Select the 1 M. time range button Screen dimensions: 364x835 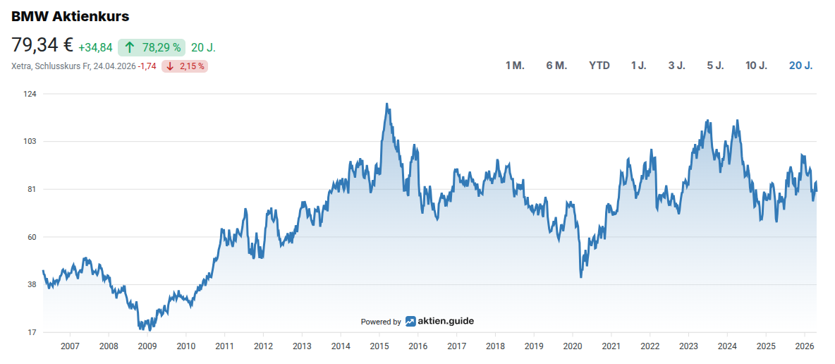pyautogui.click(x=515, y=66)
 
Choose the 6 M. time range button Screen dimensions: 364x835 pyautogui.click(x=556, y=66)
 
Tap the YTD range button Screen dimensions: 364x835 pyautogui.click(x=599, y=66)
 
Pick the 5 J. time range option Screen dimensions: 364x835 pyautogui.click(x=715, y=66)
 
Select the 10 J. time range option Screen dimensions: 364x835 pyautogui.click(x=756, y=66)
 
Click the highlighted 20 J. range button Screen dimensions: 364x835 pyautogui.click(x=800, y=66)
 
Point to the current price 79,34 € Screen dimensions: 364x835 pyautogui.click(x=42, y=46)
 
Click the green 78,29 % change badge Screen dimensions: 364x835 pyautogui.click(x=152, y=47)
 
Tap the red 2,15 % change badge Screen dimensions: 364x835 pyautogui.click(x=185, y=66)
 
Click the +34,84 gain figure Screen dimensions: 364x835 pyautogui.click(x=95, y=47)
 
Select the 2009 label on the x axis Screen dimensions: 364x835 pyautogui.click(x=147, y=346)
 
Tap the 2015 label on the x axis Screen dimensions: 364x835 pyautogui.click(x=379, y=346)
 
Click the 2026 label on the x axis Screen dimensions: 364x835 pyautogui.click(x=805, y=346)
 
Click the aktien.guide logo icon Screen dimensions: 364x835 pyautogui.click(x=410, y=322)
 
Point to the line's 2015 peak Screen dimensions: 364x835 pyautogui.click(x=387, y=104)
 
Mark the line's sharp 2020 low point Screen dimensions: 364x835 pyautogui.click(x=581, y=277)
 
